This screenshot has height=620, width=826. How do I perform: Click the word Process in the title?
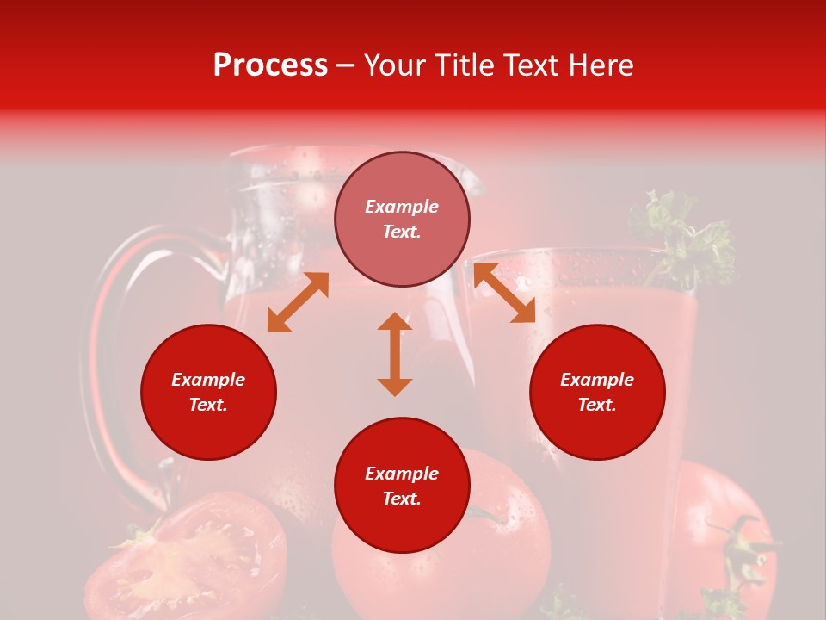point(270,65)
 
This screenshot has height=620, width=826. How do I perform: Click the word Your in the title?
point(392,65)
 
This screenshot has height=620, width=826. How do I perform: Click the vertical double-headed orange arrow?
point(395,354)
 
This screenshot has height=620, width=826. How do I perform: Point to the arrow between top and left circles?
point(298,301)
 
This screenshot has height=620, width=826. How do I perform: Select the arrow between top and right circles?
point(504,293)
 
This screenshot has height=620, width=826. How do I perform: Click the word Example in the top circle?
point(402,207)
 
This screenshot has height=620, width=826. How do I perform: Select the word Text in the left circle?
point(208,405)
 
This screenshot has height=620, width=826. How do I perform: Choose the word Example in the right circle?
point(597,380)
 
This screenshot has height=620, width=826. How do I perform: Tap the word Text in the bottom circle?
point(402,499)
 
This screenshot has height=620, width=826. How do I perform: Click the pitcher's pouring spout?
point(469,177)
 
